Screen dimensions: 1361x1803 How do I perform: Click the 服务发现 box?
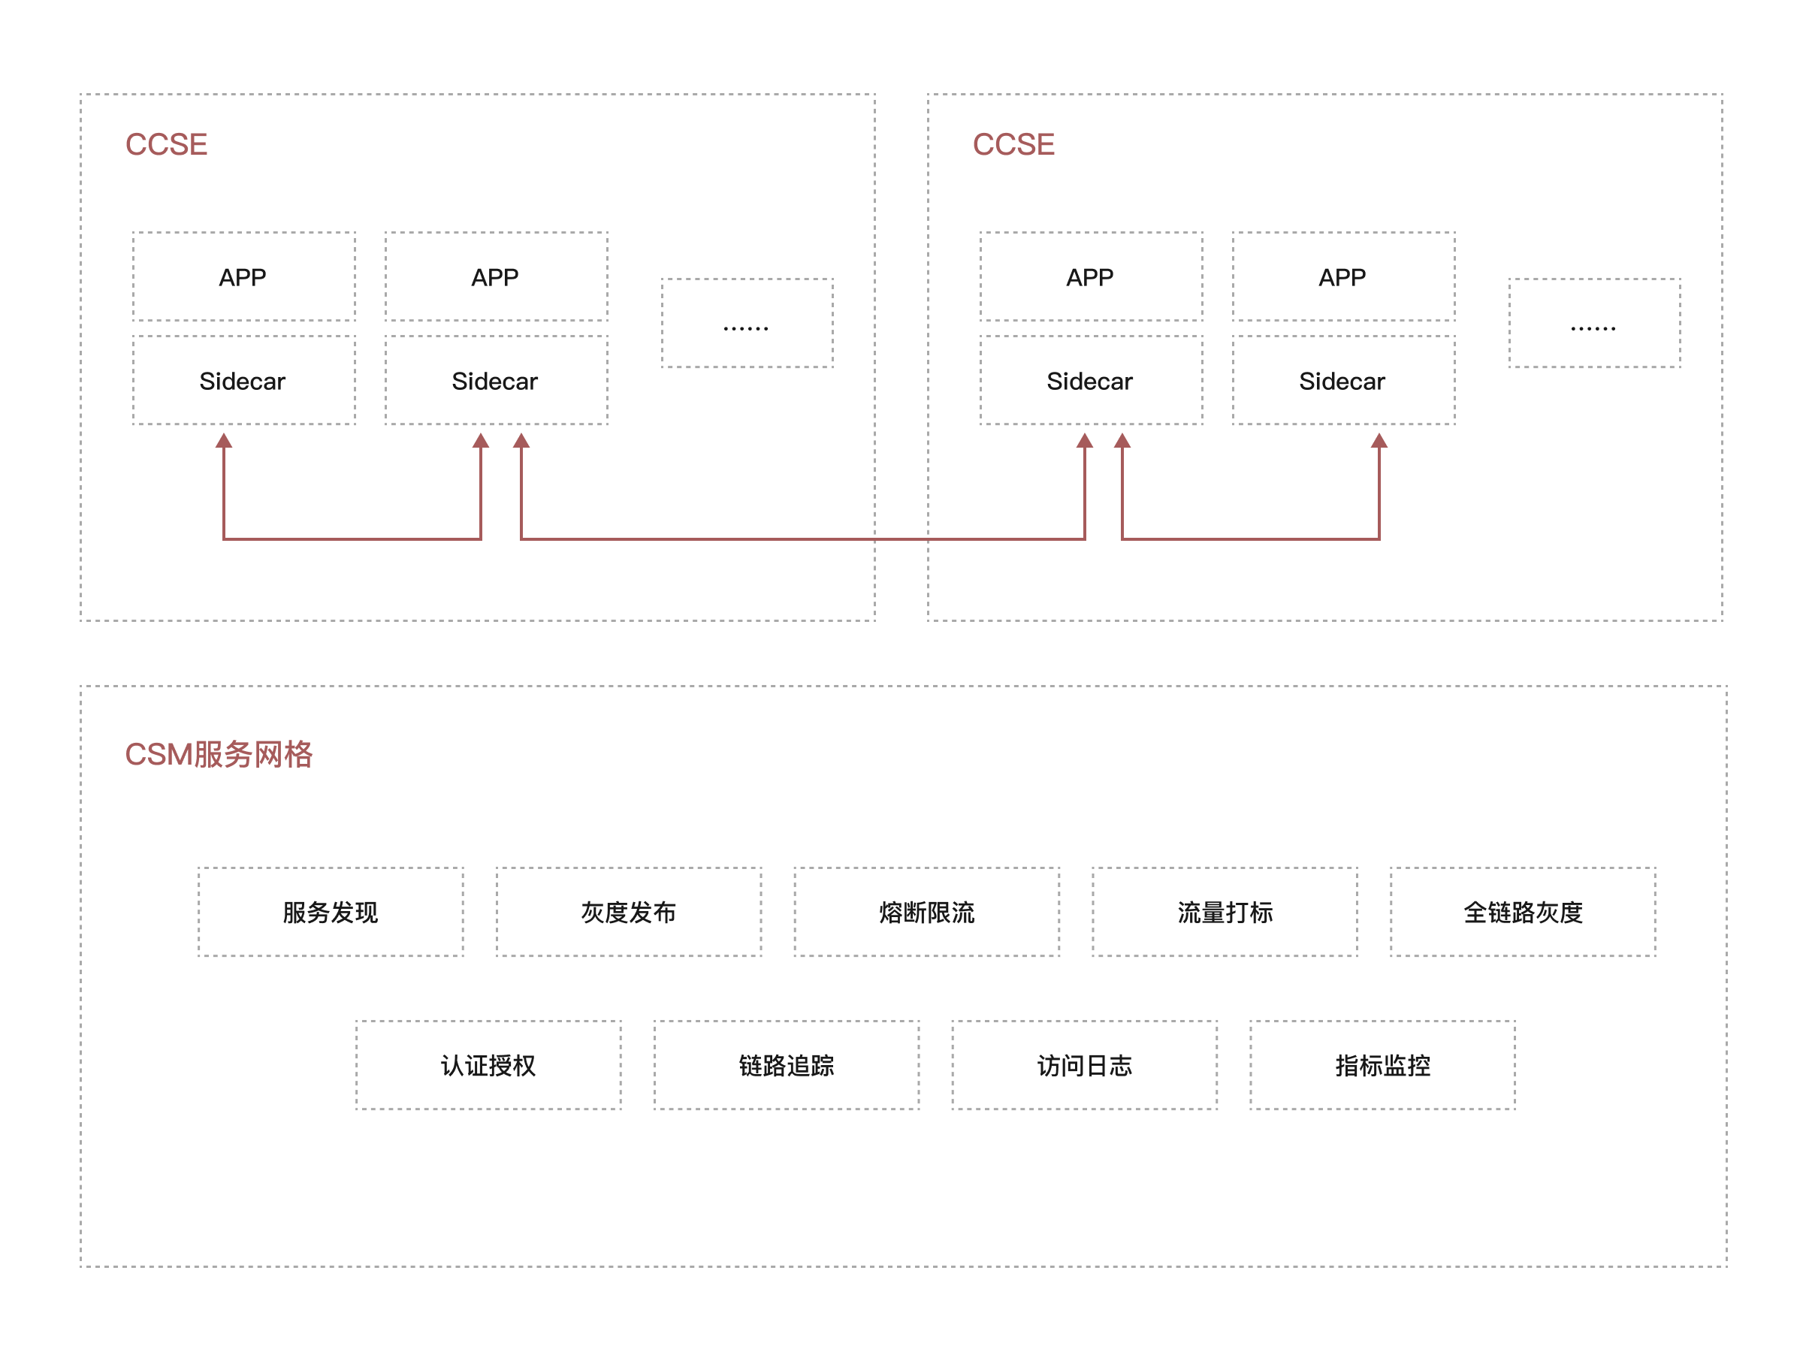(330, 912)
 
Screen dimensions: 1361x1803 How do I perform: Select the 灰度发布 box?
(629, 912)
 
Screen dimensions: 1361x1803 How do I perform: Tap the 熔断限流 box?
(927, 912)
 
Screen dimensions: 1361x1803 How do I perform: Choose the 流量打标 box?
(1225, 912)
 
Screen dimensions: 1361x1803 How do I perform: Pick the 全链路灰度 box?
(1523, 912)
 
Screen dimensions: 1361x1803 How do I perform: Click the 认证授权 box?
(488, 1065)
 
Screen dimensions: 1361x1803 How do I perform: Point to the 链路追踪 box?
(787, 1065)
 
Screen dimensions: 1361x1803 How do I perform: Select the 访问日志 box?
(1084, 1065)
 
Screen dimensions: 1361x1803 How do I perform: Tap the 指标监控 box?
(1382, 1065)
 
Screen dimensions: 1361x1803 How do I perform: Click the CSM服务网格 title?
(219, 754)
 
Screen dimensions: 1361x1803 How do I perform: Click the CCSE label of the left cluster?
(166, 144)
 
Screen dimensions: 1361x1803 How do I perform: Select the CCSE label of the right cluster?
(1013, 144)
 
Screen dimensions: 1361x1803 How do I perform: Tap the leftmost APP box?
(243, 277)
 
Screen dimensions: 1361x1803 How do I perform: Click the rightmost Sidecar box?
(1343, 381)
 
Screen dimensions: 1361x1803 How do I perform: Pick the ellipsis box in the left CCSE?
(747, 324)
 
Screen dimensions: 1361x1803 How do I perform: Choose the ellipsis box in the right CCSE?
(1594, 324)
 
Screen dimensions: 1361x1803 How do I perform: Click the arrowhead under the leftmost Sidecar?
(224, 441)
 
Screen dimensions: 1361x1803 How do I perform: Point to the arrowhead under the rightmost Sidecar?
(1379, 441)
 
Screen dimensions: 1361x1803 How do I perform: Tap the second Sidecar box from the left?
(496, 381)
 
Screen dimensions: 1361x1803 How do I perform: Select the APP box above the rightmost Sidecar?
(1343, 277)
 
